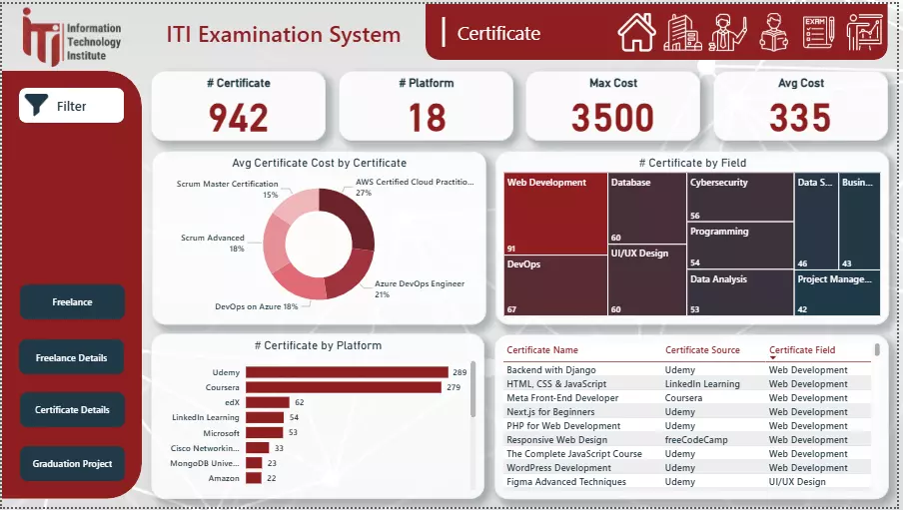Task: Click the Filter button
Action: [71, 106]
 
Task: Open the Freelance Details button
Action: [72, 357]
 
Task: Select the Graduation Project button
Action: [72, 463]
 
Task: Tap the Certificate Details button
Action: [72, 410]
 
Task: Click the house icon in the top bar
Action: [636, 32]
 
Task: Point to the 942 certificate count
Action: [239, 118]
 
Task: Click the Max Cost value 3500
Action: [612, 118]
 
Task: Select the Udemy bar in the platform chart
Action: [347, 372]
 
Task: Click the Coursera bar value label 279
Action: [452, 387]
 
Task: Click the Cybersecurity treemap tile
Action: [739, 197]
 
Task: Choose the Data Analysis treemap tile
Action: [739, 293]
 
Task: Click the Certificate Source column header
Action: [702, 350]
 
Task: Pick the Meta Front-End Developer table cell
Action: [562, 398]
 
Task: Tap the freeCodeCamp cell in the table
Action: [699, 440]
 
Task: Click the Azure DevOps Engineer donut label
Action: [419, 284]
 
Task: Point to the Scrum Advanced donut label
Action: [212, 239]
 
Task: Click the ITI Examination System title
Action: [284, 35]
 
